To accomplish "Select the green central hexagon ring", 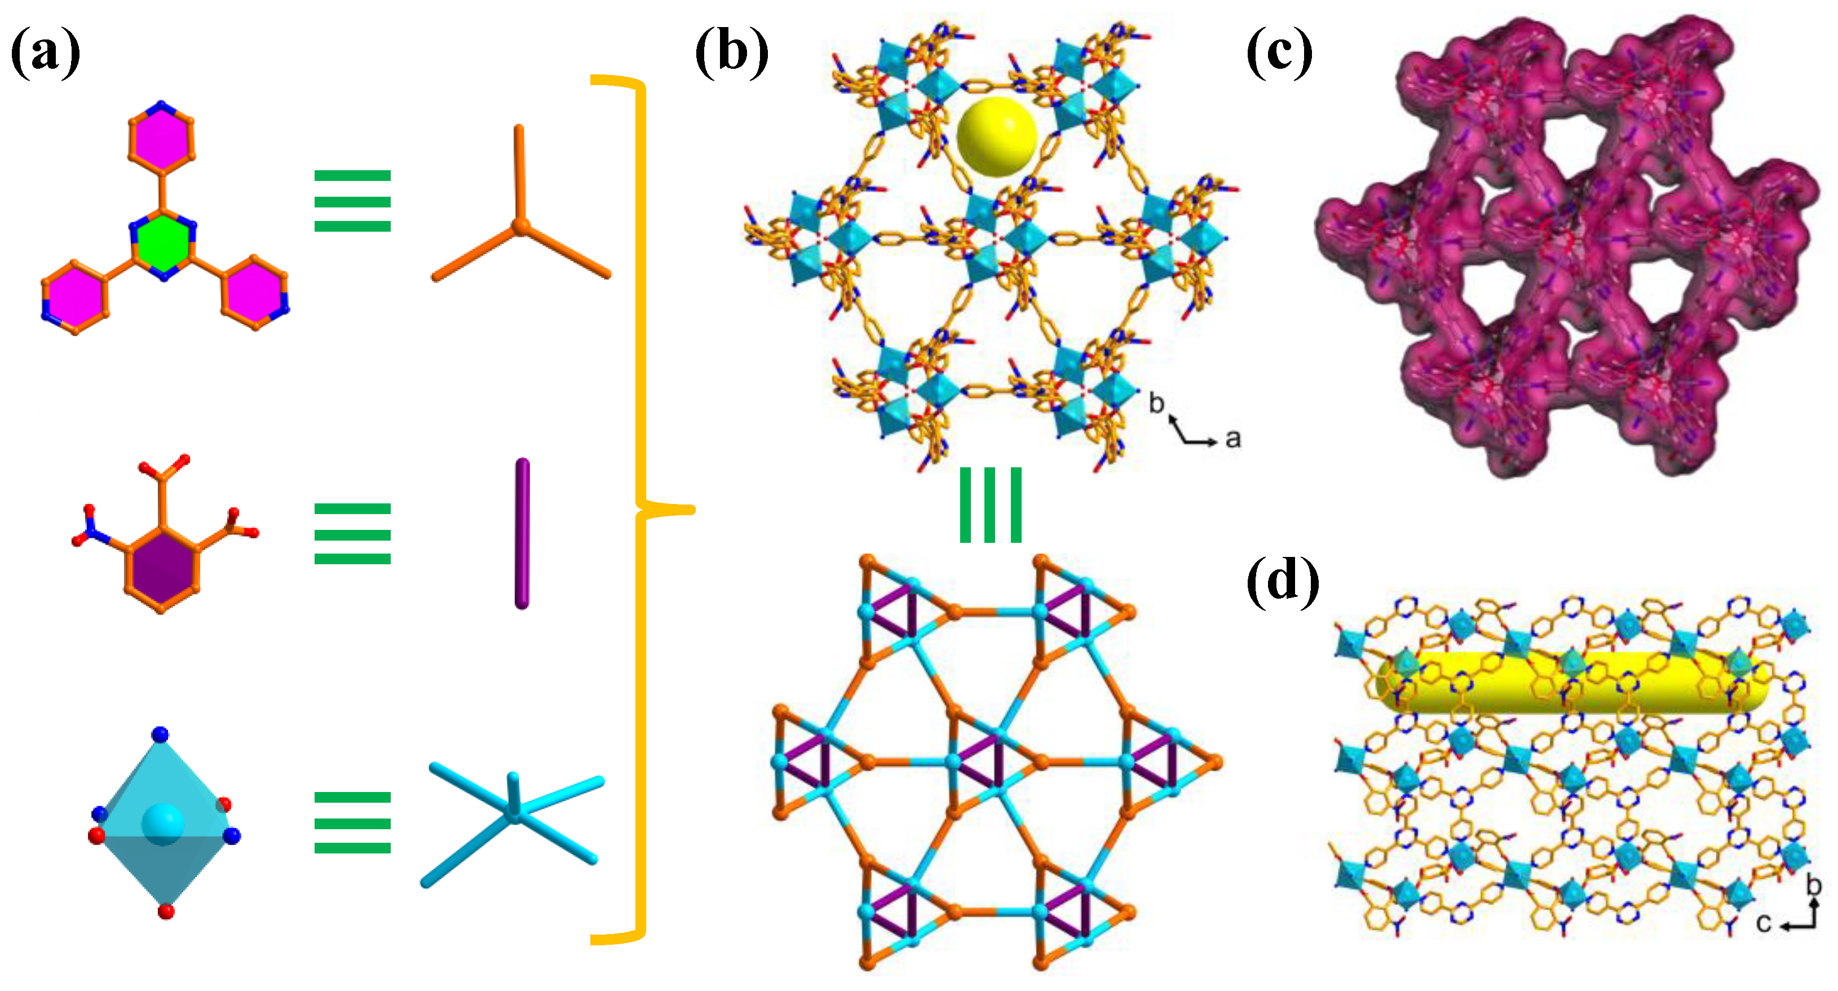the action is [x=163, y=244].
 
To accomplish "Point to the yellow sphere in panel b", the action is [x=996, y=136].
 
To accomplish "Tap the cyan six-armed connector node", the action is [x=513, y=812].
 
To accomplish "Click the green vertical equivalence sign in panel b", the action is [x=991, y=505].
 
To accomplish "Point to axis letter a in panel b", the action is [x=1233, y=438].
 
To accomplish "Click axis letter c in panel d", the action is [x=1763, y=923].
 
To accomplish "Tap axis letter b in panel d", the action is [x=1814, y=886].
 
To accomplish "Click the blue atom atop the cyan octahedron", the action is [x=161, y=734].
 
